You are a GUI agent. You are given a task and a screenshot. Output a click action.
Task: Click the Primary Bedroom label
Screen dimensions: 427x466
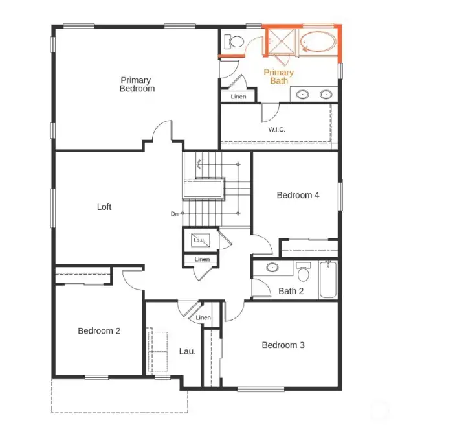137,84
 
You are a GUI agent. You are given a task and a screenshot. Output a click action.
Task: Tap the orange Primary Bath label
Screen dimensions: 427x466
278,76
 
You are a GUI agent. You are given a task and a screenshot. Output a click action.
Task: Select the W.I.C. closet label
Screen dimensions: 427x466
276,130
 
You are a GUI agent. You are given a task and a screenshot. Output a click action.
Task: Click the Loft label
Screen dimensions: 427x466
104,207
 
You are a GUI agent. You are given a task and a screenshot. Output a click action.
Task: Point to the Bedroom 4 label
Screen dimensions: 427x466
298,195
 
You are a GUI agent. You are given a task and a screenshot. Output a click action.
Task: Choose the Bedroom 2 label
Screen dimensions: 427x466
99,330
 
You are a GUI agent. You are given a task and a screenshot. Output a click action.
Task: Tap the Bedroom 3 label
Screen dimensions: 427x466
283,345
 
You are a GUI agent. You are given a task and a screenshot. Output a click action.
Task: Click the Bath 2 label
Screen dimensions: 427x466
291,291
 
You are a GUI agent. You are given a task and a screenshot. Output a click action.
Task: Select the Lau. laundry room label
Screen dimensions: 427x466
187,351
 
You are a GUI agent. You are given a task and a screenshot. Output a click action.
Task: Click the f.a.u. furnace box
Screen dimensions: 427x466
199,240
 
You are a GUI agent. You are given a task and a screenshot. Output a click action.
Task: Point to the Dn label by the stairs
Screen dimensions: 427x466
175,214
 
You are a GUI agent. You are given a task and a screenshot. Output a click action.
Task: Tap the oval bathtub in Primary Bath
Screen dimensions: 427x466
319,42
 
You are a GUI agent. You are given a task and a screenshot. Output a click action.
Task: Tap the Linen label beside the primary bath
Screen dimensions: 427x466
238,97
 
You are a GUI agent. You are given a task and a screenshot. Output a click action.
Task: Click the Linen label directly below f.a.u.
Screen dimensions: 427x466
202,259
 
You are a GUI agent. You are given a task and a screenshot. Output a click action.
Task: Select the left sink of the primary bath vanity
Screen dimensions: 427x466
302,95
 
